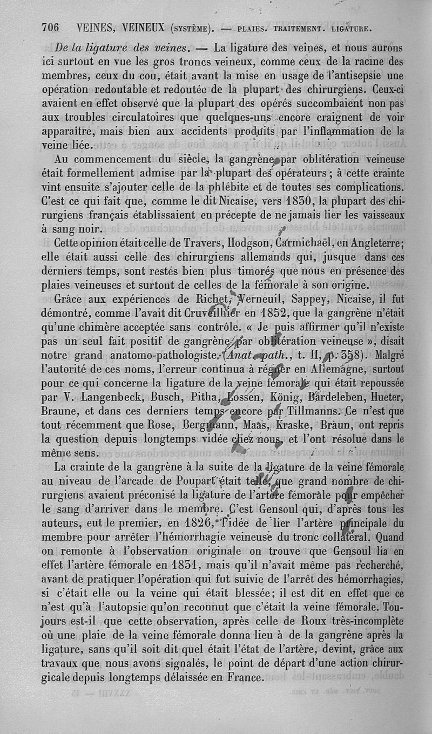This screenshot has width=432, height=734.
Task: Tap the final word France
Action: tap(240, 678)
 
